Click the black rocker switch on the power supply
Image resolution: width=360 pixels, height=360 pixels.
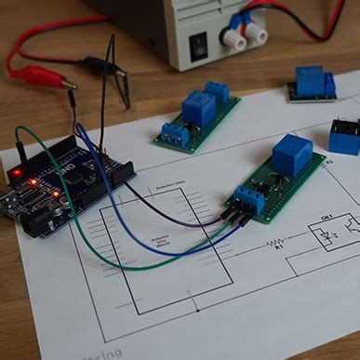point(197,43)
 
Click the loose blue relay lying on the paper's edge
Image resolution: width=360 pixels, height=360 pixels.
point(345,137)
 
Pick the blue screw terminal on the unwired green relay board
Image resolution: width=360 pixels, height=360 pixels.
point(176,136)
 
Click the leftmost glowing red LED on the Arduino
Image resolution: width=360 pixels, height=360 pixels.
point(17,173)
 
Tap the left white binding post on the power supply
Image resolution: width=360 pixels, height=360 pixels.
point(233,38)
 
